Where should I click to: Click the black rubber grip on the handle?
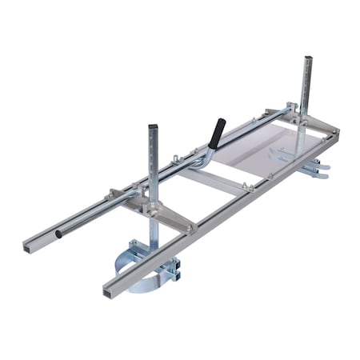pos(216,130)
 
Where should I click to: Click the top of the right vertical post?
pos(307,58)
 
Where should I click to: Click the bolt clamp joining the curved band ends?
pos(170,268)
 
